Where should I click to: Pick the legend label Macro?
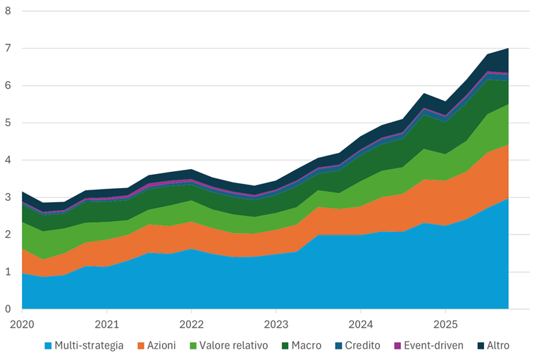[x=307, y=346]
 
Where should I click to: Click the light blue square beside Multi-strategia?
[x=48, y=346]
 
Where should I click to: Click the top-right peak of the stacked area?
[x=508, y=49]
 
